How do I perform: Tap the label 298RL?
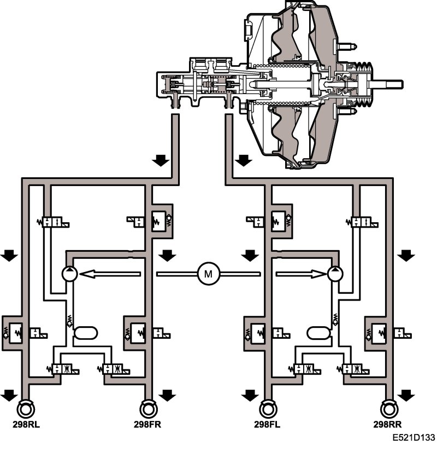click(25, 423)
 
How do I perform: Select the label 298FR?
click(147, 423)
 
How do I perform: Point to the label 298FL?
click(267, 423)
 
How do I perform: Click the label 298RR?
click(389, 423)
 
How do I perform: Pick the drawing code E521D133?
click(413, 438)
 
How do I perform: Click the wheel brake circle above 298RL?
click(25, 408)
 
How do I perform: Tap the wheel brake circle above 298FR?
click(147, 408)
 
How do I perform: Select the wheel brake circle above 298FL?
click(267, 408)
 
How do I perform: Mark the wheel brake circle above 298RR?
click(389, 408)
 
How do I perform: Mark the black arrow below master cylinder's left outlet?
click(160, 160)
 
